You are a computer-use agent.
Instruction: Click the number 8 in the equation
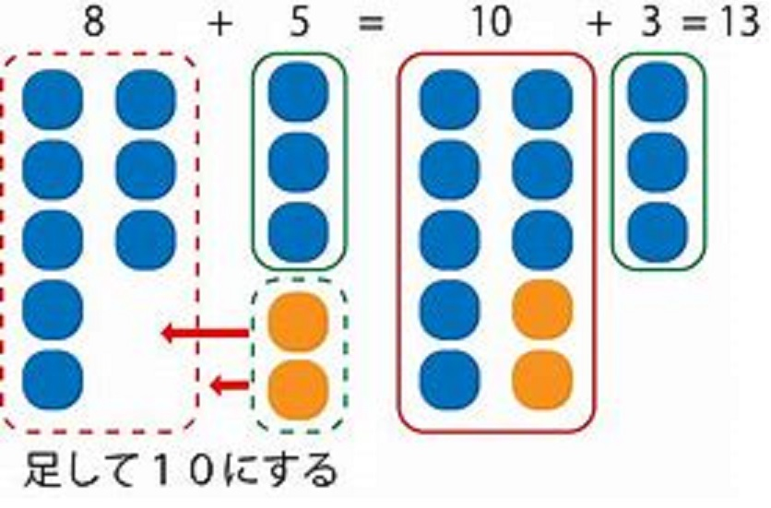click(x=93, y=21)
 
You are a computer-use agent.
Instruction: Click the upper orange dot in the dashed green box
click(x=298, y=321)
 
